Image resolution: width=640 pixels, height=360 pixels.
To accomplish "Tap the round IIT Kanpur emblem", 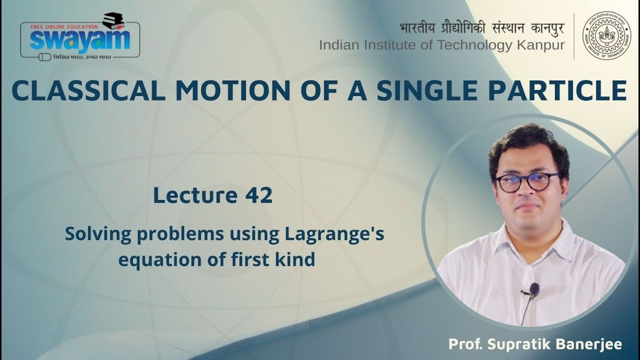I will click(x=607, y=35).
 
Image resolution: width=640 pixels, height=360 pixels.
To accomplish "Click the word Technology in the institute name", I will click(x=474, y=45).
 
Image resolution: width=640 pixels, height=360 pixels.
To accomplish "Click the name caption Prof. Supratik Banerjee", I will click(x=535, y=344).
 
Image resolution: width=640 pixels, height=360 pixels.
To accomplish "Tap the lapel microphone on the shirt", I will click(x=533, y=289).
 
